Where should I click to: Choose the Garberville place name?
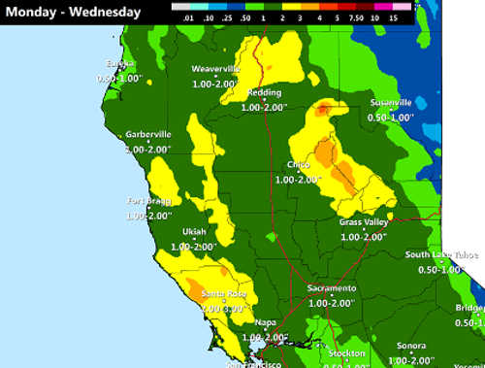click(x=148, y=134)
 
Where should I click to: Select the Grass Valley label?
click(x=364, y=222)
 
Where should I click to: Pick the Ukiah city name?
click(x=194, y=232)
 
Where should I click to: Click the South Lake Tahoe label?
click(x=442, y=255)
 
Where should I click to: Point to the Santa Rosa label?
click(x=223, y=293)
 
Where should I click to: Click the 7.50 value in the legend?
click(x=352, y=17)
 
